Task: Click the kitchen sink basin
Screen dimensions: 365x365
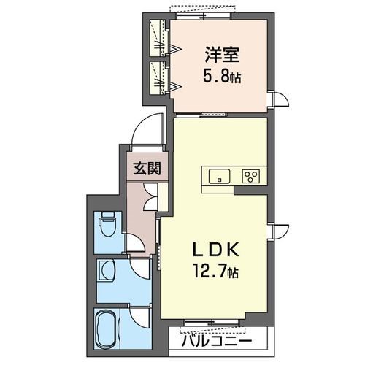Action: [219, 176]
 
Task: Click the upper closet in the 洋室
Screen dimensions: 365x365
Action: [157, 37]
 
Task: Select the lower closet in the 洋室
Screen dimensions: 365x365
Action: [157, 77]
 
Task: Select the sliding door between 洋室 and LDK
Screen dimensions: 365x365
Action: [200, 115]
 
